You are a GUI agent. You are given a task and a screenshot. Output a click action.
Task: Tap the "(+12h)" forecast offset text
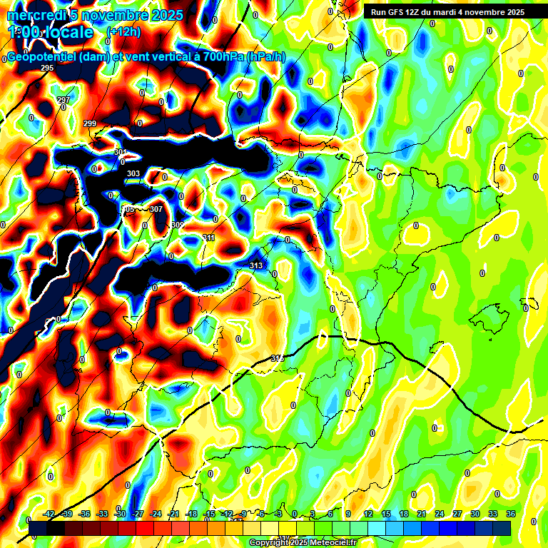(x=123, y=31)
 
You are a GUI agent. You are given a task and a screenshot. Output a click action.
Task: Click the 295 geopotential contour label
(x=47, y=68)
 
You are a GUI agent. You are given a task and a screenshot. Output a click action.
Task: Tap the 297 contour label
(x=64, y=100)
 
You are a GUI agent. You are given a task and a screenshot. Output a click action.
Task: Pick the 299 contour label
(x=90, y=123)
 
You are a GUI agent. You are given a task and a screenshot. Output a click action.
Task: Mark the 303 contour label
(x=133, y=173)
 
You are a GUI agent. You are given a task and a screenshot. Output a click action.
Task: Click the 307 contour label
(x=156, y=209)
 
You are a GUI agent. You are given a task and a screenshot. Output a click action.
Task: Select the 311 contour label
(x=208, y=238)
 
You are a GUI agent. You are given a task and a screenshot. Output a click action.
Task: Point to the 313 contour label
(x=256, y=265)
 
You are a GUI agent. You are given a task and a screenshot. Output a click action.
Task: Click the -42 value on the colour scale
(x=49, y=514)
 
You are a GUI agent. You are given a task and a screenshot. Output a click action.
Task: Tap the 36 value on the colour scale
(x=511, y=514)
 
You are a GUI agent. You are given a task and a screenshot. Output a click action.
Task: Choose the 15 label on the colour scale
(x=386, y=514)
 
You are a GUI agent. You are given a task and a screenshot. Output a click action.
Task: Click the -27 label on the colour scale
(x=138, y=514)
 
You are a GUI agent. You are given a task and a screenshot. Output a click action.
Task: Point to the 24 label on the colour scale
(x=440, y=514)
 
